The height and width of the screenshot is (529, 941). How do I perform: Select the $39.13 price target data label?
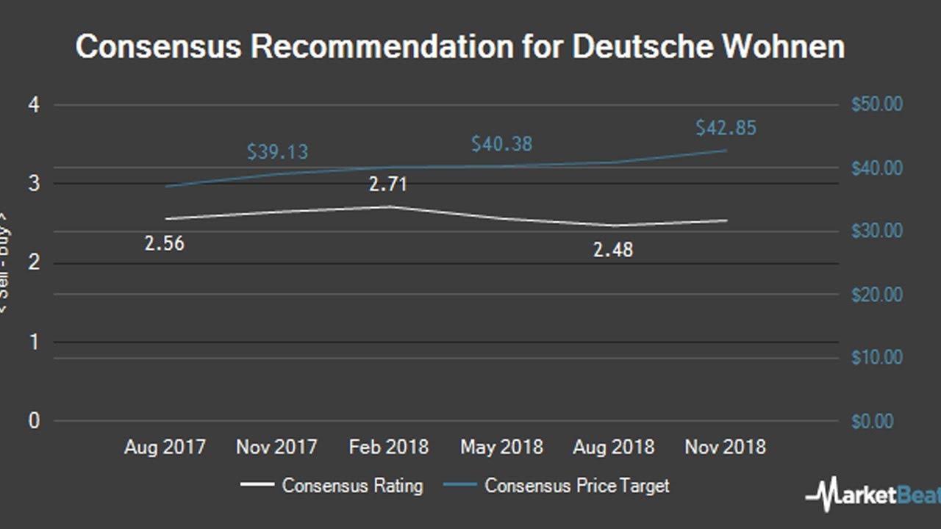[277, 152]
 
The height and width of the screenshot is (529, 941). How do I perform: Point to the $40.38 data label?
[501, 144]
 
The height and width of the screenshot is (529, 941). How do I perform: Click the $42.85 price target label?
[726, 128]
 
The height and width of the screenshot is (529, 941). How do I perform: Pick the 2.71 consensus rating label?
[387, 184]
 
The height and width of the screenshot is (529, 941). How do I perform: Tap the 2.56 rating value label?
[164, 244]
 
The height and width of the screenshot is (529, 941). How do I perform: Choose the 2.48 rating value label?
[612, 251]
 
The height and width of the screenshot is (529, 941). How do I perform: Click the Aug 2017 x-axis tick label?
[165, 447]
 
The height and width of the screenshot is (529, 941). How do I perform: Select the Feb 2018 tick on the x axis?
[388, 447]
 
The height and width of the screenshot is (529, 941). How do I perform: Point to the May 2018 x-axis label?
[501, 447]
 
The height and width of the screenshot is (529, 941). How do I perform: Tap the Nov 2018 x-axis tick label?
[725, 447]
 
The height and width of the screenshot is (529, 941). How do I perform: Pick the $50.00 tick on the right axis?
[876, 105]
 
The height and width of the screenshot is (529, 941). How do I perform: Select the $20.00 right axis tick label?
[876, 295]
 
